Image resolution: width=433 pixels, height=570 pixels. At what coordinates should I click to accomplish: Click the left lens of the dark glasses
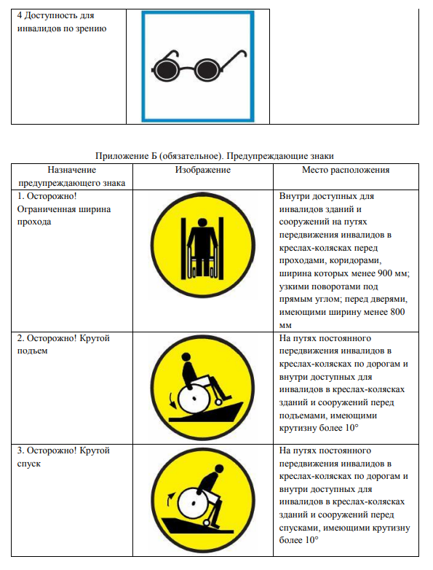coord(165,70)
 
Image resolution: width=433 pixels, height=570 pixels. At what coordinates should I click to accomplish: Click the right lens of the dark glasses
coord(207,70)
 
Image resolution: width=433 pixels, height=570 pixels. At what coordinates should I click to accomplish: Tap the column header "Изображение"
coord(203,170)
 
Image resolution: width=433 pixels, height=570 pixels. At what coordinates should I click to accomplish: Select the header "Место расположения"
coord(346,170)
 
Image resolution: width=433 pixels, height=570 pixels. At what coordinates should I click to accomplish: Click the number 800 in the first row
coord(397,312)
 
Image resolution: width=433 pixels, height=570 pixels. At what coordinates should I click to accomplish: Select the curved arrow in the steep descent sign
coord(170,499)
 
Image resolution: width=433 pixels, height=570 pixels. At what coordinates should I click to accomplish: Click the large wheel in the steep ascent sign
coord(194,399)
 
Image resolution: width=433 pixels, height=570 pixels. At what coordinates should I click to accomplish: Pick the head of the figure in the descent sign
coord(219,469)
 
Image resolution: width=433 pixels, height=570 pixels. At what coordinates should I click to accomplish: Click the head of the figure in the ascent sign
coord(186,357)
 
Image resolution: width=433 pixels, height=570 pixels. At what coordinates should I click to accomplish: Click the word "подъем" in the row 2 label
coord(32,351)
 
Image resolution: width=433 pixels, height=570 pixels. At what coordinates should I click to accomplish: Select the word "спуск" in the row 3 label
coord(29,464)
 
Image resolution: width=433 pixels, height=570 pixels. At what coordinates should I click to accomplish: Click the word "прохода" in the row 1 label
coord(34,222)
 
